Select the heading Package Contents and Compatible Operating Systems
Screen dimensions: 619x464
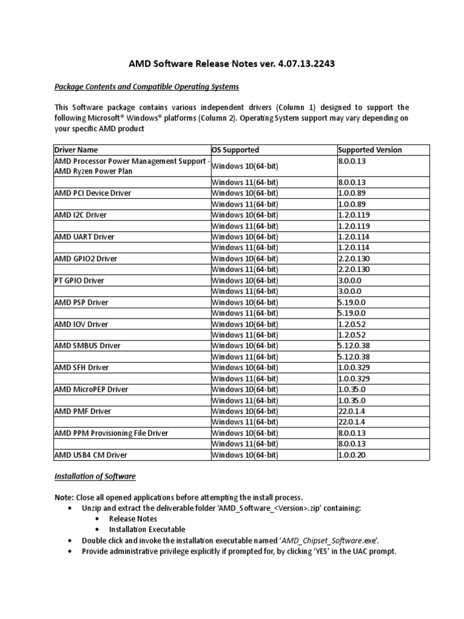(x=147, y=86)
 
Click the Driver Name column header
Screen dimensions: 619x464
(x=76, y=150)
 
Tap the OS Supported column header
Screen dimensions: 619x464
(x=236, y=150)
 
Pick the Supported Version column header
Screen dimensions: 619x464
(x=370, y=150)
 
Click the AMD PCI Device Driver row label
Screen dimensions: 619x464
(x=93, y=193)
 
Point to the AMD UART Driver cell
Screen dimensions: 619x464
(x=84, y=236)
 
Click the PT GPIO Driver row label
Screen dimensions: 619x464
(x=79, y=280)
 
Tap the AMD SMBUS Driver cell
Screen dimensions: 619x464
(x=88, y=346)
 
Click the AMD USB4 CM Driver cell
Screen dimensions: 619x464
(x=91, y=455)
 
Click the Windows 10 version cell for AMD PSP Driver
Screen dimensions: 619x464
(x=353, y=302)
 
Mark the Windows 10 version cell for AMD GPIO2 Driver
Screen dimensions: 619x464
(x=355, y=258)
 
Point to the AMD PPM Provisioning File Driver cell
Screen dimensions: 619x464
(x=111, y=433)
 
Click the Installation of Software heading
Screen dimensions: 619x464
(x=95, y=476)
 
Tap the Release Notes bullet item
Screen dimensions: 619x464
(x=133, y=519)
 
